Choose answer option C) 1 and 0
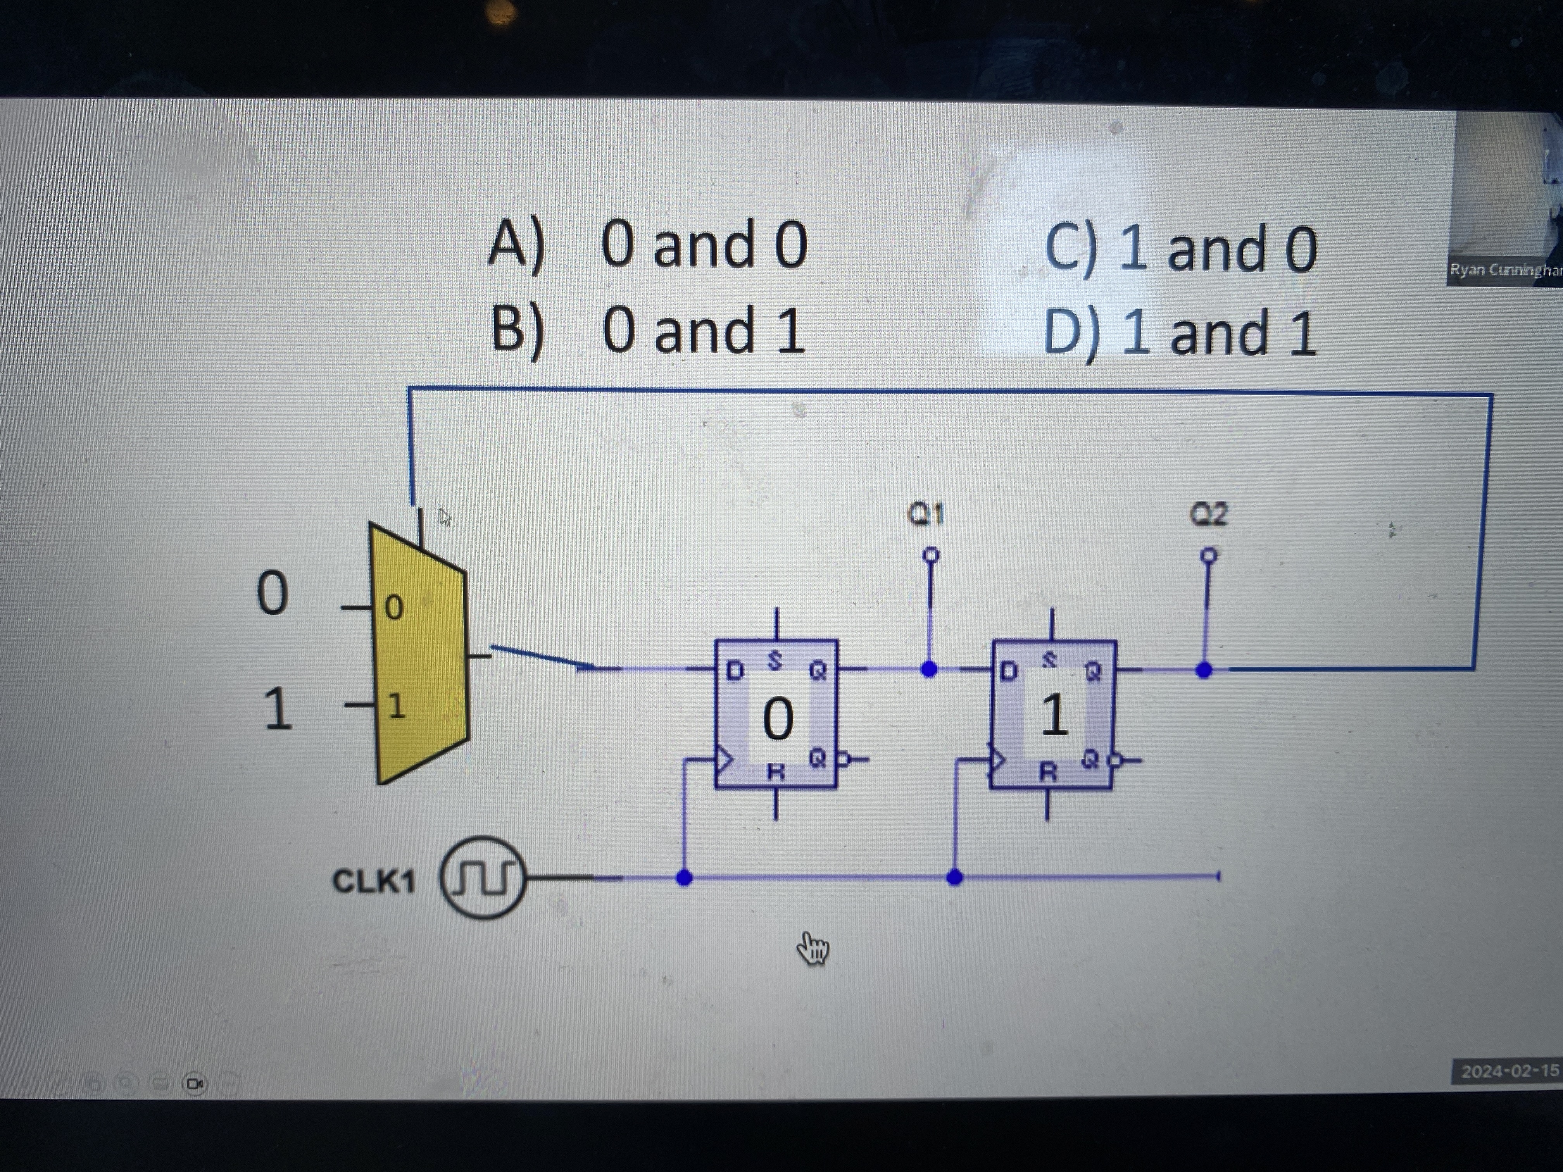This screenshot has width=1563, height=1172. click(1180, 249)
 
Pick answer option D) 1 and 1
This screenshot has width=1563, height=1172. click(1180, 333)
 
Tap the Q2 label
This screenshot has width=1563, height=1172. click(1209, 514)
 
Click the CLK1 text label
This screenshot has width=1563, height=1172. click(373, 881)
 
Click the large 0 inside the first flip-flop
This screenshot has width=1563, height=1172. click(777, 719)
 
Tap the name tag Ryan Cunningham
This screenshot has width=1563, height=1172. click(1505, 270)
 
